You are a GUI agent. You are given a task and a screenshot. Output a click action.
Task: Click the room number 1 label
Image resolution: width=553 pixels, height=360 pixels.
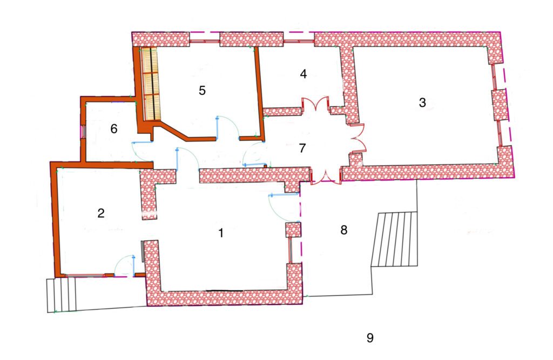[221, 233]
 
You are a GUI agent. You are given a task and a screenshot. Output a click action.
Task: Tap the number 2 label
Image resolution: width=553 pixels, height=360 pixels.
[101, 213]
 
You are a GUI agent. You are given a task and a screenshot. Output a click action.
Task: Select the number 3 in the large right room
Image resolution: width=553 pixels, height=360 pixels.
[422, 103]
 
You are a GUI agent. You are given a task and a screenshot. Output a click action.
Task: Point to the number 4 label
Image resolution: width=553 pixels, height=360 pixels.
[304, 74]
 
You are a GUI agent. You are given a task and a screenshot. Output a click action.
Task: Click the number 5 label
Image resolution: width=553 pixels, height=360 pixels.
[202, 91]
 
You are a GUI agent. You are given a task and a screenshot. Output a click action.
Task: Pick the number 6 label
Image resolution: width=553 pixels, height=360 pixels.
[113, 129]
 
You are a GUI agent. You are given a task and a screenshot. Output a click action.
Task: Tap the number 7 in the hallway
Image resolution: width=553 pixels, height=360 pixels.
[302, 148]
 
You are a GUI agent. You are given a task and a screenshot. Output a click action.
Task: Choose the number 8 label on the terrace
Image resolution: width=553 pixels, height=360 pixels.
[344, 230]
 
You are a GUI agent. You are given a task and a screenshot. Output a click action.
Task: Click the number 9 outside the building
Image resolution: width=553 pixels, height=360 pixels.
[370, 338]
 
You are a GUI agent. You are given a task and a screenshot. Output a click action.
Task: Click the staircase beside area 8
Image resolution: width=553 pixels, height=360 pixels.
[394, 239]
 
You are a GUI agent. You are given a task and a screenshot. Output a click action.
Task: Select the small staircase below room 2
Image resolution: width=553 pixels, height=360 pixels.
[62, 295]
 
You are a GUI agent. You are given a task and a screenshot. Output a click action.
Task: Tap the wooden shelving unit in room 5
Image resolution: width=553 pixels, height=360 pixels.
[151, 84]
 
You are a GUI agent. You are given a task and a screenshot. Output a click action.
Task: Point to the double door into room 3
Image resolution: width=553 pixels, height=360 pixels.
[358, 139]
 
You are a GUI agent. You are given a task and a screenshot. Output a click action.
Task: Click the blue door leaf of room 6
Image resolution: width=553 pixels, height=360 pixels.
[141, 142]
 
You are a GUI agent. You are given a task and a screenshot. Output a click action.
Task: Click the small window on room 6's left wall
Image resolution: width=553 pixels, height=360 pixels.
[83, 132]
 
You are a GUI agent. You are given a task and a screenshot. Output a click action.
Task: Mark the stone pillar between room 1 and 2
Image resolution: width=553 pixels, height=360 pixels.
[149, 195]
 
